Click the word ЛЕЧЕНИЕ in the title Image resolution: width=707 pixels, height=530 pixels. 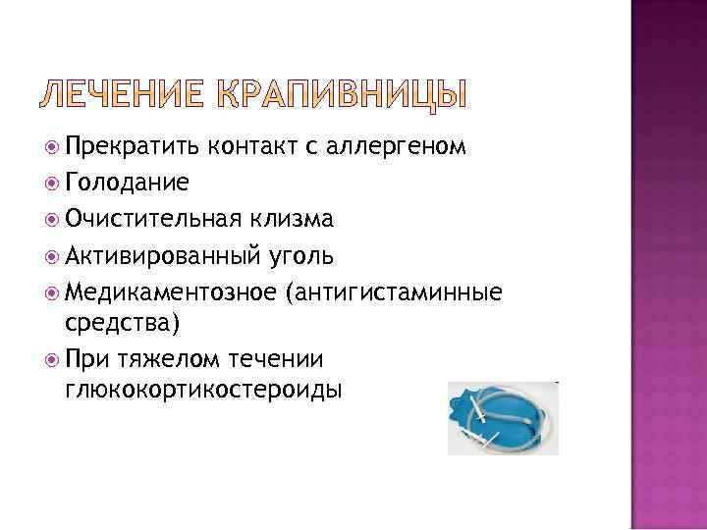click(120, 93)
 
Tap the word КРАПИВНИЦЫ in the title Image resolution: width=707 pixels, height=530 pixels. click(335, 93)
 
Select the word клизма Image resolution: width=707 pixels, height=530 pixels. click(296, 218)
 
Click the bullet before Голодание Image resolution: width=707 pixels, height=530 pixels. click(52, 183)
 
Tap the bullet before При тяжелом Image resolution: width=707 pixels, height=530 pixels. click(52, 358)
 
